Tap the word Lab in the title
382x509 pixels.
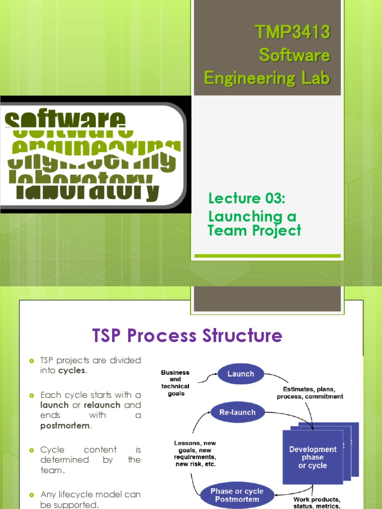[x=313, y=78]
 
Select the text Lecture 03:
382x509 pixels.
[x=246, y=199]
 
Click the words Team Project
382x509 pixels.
[x=254, y=231]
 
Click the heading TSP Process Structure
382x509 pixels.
[x=187, y=336]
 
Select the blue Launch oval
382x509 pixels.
[x=241, y=374]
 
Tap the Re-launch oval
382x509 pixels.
[x=237, y=412]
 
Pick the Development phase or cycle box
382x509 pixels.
[x=312, y=457]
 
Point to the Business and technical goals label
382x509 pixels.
[x=175, y=383]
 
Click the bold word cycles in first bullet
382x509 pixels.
[x=72, y=371]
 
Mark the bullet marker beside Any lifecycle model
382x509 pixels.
[x=31, y=495]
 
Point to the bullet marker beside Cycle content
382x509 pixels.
[x=31, y=450]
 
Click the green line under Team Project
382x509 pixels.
[x=267, y=256]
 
